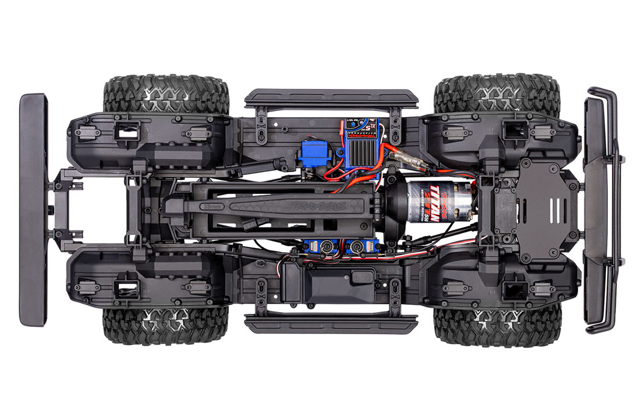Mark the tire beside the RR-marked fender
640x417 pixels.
[x=166, y=324]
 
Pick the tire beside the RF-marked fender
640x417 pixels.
[x=497, y=324]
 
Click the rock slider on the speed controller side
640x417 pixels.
[x=331, y=98]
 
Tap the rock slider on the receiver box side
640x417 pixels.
[x=331, y=323]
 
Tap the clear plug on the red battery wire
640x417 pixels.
[x=402, y=160]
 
